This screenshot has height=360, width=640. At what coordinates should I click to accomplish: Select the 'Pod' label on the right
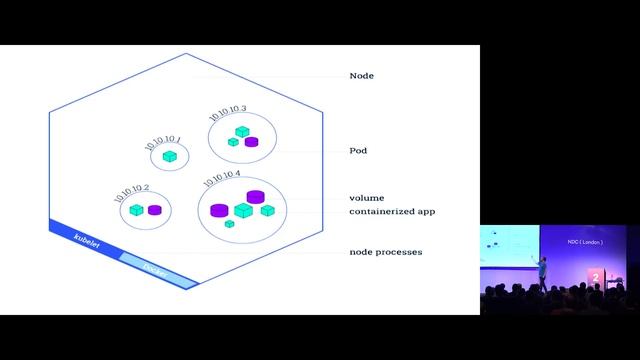(x=357, y=150)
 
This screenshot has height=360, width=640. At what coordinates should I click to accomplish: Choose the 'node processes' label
(x=385, y=252)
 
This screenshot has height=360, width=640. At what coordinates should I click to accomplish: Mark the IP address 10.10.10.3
(x=228, y=113)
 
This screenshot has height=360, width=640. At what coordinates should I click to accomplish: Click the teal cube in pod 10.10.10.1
(x=171, y=157)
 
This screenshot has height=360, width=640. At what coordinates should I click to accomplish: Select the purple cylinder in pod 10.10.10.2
(x=154, y=210)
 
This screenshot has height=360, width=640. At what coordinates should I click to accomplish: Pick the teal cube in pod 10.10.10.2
(x=139, y=210)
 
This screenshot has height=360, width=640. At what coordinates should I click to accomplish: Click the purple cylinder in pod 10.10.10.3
(x=251, y=142)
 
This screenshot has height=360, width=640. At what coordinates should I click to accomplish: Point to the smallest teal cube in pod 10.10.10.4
(x=230, y=224)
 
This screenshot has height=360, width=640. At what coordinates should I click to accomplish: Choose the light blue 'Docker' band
(x=155, y=266)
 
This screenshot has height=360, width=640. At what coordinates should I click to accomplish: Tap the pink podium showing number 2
(x=597, y=276)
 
